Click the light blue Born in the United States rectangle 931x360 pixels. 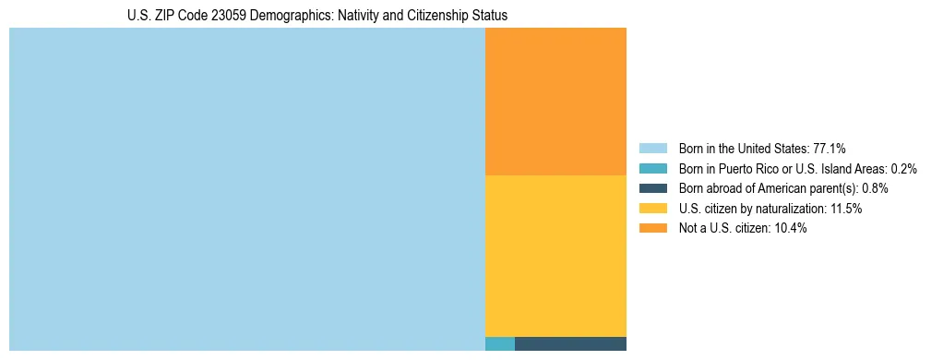click(x=246, y=189)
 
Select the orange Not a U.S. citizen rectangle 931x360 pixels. click(x=555, y=102)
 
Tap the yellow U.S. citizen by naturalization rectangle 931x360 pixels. click(x=555, y=256)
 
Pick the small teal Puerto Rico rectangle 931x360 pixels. click(x=499, y=344)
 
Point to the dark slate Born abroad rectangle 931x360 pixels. click(x=570, y=344)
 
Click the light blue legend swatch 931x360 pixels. click(x=652, y=149)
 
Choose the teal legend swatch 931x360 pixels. click(x=652, y=169)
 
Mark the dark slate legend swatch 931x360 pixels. click(x=652, y=188)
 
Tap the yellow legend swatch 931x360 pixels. click(x=652, y=209)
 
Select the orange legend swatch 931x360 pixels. click(x=652, y=229)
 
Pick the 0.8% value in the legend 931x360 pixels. click(x=875, y=188)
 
